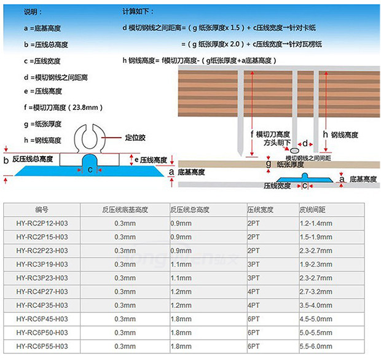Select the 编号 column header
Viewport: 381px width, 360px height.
pos(41,209)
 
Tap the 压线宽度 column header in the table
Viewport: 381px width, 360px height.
pos(260,209)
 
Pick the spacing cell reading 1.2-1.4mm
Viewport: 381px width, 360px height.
pos(315,223)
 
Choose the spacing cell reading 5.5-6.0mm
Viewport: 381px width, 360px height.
pos(315,346)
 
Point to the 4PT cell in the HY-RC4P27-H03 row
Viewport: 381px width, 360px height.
pos(253,291)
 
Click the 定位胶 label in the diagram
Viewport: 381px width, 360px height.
pos(135,138)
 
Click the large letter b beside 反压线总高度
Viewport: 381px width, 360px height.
pos(6,161)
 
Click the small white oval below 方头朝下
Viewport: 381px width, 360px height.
pos(295,149)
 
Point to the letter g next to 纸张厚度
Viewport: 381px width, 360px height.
pos(268,164)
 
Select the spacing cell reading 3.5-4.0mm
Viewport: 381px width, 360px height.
pos(315,305)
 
